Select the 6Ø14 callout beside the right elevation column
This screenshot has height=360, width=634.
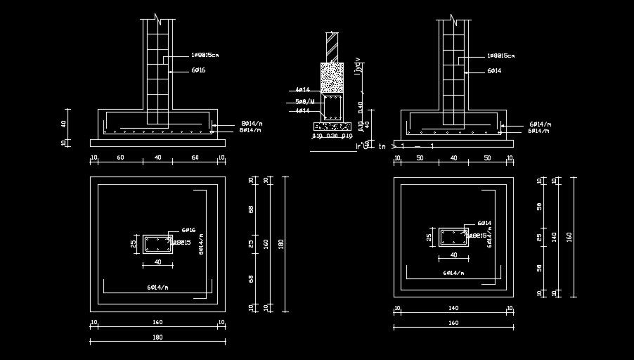pos(493,71)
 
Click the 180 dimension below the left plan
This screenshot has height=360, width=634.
pos(157,337)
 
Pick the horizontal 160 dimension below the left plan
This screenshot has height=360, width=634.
pos(157,322)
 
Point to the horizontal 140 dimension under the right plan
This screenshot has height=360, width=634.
pos(453,308)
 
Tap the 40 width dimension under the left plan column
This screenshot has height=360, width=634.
pos(158,262)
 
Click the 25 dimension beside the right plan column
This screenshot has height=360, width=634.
pos(428,238)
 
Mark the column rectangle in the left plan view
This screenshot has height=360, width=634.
pos(158,243)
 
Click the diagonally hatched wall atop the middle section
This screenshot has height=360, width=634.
pos(331,46)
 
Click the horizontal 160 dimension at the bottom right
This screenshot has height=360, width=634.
pos(453,323)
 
